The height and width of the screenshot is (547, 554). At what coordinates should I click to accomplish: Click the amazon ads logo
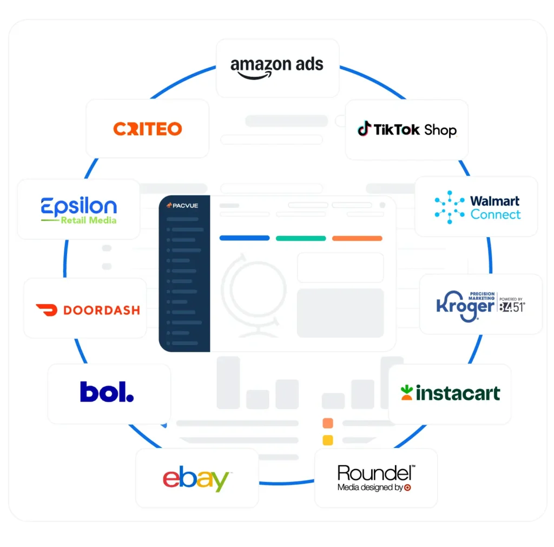(x=276, y=67)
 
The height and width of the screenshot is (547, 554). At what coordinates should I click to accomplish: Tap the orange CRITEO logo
(x=147, y=129)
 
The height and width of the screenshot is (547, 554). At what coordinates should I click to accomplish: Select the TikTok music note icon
(x=364, y=128)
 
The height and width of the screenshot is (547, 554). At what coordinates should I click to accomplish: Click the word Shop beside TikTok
(x=440, y=130)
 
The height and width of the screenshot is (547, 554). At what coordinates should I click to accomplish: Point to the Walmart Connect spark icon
(x=450, y=207)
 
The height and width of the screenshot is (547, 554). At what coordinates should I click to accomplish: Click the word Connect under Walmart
(x=496, y=214)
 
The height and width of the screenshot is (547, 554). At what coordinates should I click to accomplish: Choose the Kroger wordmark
(x=465, y=306)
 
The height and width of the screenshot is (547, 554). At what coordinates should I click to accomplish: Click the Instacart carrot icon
(x=407, y=393)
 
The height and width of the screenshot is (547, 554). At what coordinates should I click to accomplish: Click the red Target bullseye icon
(x=407, y=487)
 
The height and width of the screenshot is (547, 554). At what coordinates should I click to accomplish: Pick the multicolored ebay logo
(x=196, y=478)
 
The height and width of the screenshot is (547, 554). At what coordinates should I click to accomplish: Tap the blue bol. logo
(x=107, y=392)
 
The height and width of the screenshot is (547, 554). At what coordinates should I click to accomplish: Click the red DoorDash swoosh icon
(x=47, y=310)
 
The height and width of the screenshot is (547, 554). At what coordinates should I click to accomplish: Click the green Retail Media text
(x=88, y=220)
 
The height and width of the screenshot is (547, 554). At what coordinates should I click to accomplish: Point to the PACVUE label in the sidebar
(x=182, y=205)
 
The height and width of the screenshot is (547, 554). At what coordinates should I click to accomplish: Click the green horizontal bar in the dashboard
(x=301, y=238)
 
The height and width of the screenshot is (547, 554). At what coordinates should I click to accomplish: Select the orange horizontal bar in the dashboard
(x=357, y=238)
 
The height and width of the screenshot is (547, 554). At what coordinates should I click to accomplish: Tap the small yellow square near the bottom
(x=328, y=440)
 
